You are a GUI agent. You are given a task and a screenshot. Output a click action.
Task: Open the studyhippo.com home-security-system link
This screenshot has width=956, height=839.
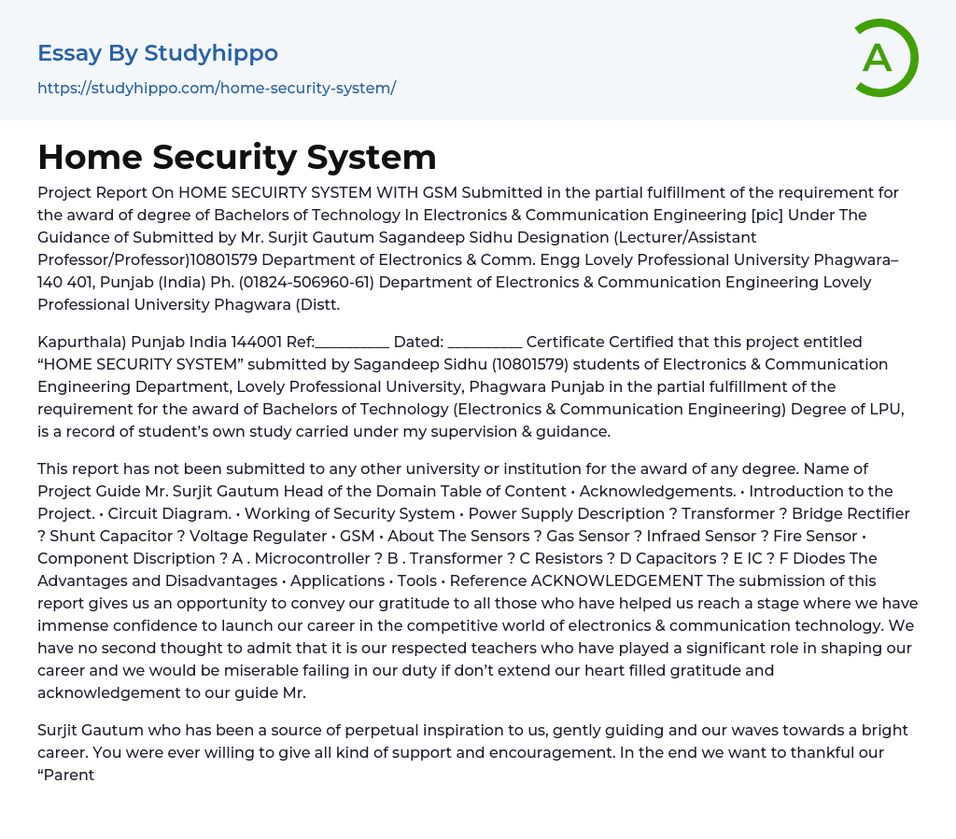tap(217, 88)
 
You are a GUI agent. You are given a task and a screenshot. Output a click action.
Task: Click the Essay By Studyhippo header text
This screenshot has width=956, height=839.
tap(158, 53)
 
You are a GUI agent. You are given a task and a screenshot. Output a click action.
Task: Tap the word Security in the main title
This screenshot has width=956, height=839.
tap(237, 157)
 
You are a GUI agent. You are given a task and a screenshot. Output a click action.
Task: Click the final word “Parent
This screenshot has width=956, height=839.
tap(66, 775)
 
